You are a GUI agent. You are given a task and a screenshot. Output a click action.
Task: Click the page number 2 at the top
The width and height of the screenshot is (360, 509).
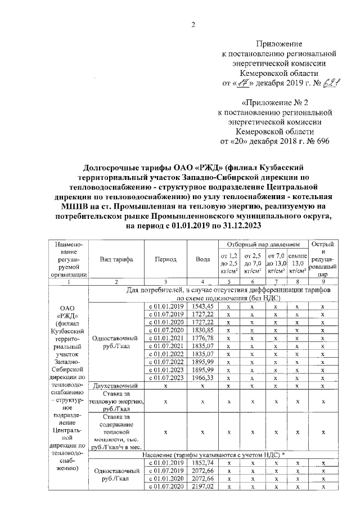point(193,24)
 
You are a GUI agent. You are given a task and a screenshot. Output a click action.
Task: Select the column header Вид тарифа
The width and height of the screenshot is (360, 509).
point(116,259)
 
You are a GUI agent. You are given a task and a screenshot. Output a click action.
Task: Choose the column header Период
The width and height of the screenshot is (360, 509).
point(166,259)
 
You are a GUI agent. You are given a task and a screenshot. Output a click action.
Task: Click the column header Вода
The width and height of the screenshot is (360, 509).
point(202,259)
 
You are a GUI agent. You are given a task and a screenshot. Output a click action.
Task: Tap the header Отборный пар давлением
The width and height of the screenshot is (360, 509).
point(263,245)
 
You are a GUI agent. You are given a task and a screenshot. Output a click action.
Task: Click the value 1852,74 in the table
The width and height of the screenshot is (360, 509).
point(202,462)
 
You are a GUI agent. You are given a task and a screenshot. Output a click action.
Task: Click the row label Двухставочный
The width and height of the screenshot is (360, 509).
point(116,386)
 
